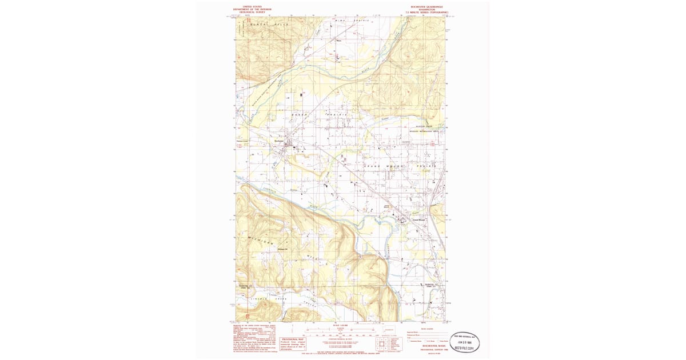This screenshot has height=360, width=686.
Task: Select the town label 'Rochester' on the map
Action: tap(279, 141)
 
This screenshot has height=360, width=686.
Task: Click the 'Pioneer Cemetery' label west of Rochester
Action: tap(242, 141)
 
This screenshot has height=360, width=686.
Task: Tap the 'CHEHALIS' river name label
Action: tap(271, 192)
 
